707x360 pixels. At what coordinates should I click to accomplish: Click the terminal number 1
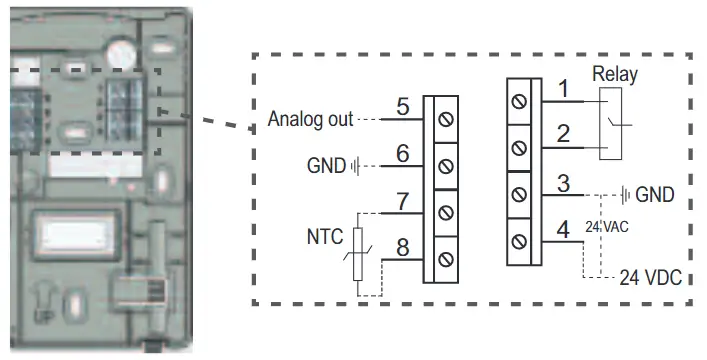(564, 91)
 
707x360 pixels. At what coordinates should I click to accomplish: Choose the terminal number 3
(564, 184)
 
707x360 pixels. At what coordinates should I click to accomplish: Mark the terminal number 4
(564, 230)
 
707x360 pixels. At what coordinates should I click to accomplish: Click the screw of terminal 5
(443, 119)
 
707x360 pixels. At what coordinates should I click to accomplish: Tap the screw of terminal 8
(443, 260)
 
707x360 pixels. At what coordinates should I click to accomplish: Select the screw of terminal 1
(518, 101)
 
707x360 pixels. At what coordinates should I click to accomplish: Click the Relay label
(615, 74)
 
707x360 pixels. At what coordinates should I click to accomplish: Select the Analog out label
(311, 120)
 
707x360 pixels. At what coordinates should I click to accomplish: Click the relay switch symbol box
(613, 124)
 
